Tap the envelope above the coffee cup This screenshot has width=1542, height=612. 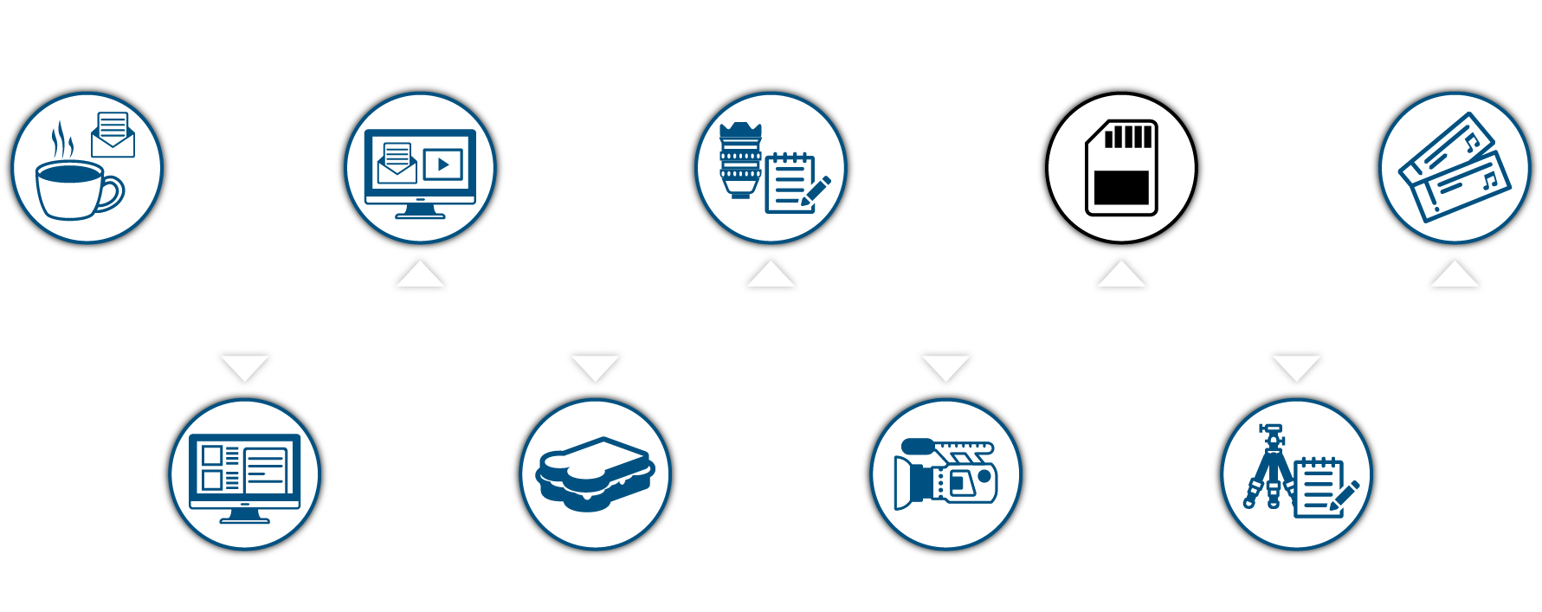pos(113,136)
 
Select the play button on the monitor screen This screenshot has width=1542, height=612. pos(443,164)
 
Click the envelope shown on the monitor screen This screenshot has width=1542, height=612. pos(397,164)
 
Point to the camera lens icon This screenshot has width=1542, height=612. pos(740,161)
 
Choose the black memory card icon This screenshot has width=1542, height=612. pos(1121,168)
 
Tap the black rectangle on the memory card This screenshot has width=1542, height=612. pos(1121,187)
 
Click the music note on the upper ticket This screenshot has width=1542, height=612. pos(1470,141)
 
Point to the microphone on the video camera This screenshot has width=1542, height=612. pos(918,447)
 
